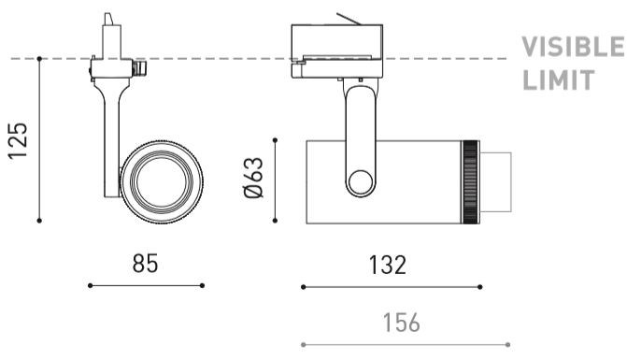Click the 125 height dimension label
coord(18,140)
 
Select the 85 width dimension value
coord(145,263)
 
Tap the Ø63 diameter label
coord(253,178)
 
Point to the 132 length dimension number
coord(388,265)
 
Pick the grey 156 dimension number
coord(402,323)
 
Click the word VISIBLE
coord(573,47)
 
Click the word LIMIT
coord(559,80)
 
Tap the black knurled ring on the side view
coord(470,182)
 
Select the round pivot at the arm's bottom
coord(360,182)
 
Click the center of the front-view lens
coord(161,181)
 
